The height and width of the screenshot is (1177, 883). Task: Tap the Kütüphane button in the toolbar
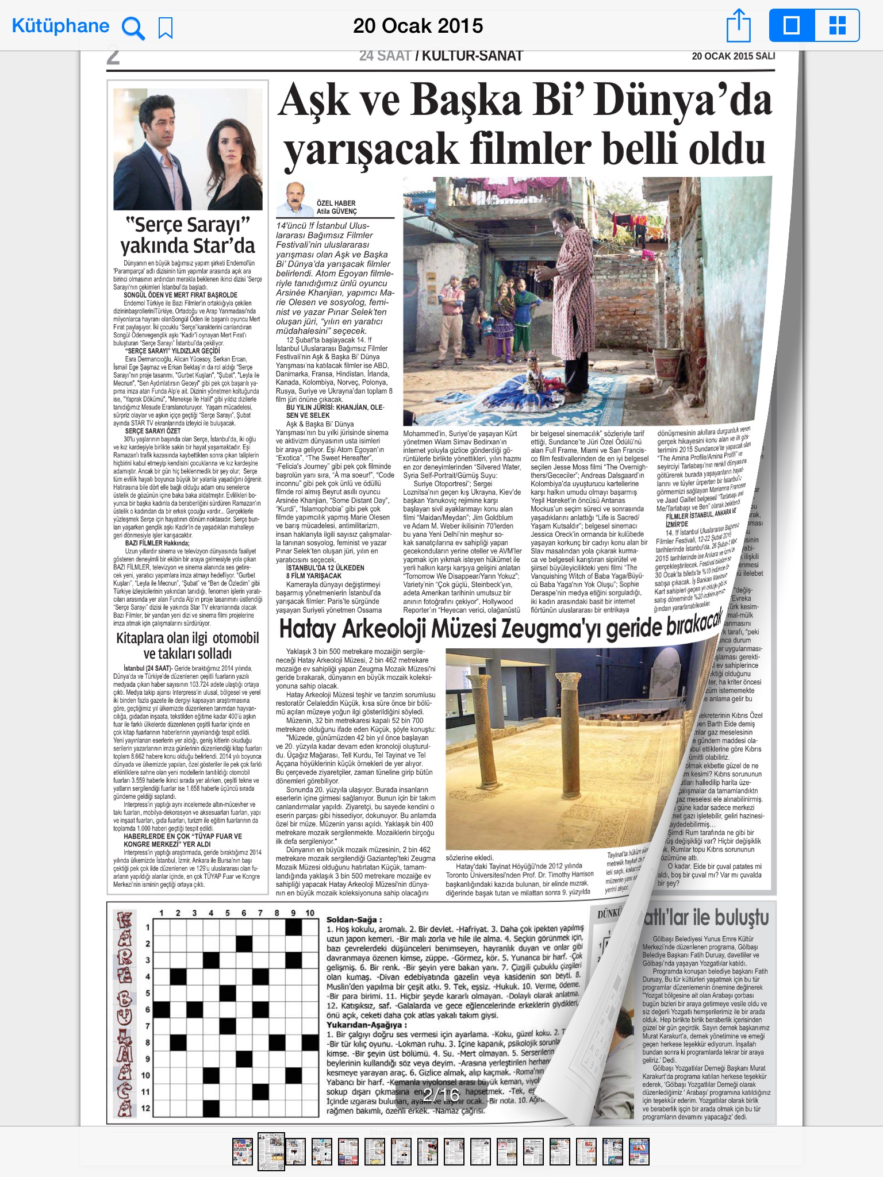[x=60, y=26]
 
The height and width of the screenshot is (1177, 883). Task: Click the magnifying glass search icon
[x=133, y=27]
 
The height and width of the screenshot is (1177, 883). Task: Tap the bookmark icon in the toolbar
[x=166, y=28]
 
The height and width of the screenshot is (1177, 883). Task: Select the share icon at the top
[x=739, y=26]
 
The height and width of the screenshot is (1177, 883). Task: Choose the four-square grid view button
[x=837, y=26]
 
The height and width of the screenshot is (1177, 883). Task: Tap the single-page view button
[x=792, y=26]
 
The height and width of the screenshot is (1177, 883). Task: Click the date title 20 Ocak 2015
[x=418, y=26]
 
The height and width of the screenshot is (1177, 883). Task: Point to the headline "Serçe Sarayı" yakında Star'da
[x=187, y=234]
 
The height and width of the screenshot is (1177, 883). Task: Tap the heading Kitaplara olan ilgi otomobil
[x=187, y=638]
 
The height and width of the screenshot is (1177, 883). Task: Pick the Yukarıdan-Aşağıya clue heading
[x=366, y=1024]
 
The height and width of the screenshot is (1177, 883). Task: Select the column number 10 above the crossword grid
[x=310, y=913]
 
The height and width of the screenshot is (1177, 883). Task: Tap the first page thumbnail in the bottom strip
[x=243, y=1151]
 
